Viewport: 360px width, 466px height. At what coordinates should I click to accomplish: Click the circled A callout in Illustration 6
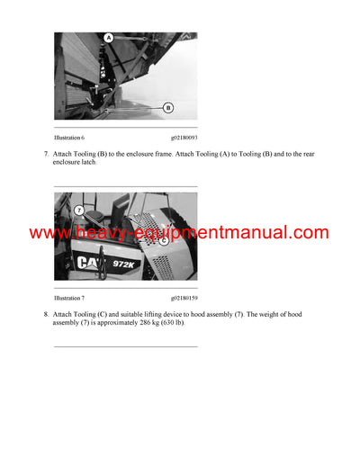[108, 38]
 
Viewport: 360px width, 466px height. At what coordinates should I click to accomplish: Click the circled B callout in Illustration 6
[167, 107]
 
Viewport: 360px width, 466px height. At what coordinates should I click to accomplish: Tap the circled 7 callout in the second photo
[79, 210]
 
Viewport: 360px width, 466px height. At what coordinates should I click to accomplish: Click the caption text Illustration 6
[69, 138]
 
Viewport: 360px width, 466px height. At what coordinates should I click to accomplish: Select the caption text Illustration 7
[69, 296]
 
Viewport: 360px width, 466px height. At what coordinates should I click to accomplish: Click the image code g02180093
[184, 138]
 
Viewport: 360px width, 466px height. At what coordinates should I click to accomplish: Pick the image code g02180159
[184, 296]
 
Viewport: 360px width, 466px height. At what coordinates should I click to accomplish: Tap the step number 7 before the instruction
[45, 155]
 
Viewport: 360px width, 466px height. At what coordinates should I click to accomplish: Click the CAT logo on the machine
[88, 263]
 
